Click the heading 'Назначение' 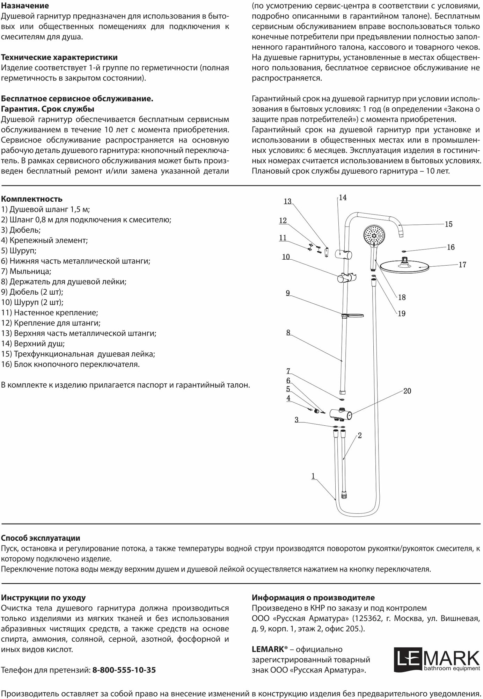[x=25, y=6]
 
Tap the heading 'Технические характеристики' [x=59, y=57]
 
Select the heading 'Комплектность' [x=32, y=199]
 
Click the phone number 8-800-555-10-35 [x=124, y=670]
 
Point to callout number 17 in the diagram [x=462, y=265]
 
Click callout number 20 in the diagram [x=407, y=391]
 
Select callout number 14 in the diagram [x=343, y=198]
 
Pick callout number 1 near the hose [x=313, y=476]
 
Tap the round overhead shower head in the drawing [x=404, y=266]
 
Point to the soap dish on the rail [x=353, y=316]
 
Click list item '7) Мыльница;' [x=26, y=271]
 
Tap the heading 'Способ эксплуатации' [x=41, y=538]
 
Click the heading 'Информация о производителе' [x=313, y=598]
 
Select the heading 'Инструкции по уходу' [x=43, y=598]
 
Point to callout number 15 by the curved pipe [x=448, y=224]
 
